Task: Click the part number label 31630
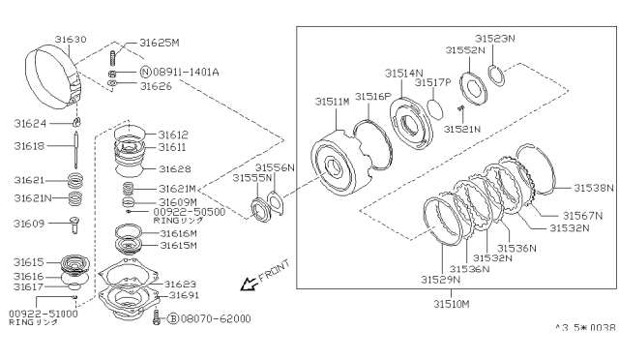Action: (x=71, y=39)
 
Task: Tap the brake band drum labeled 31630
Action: (x=54, y=76)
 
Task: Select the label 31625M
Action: (x=160, y=43)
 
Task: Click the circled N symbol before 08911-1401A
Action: (x=146, y=72)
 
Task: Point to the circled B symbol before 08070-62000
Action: (x=173, y=318)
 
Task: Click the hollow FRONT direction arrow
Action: (x=250, y=284)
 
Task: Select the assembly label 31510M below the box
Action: (x=452, y=304)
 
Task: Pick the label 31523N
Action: (x=495, y=39)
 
